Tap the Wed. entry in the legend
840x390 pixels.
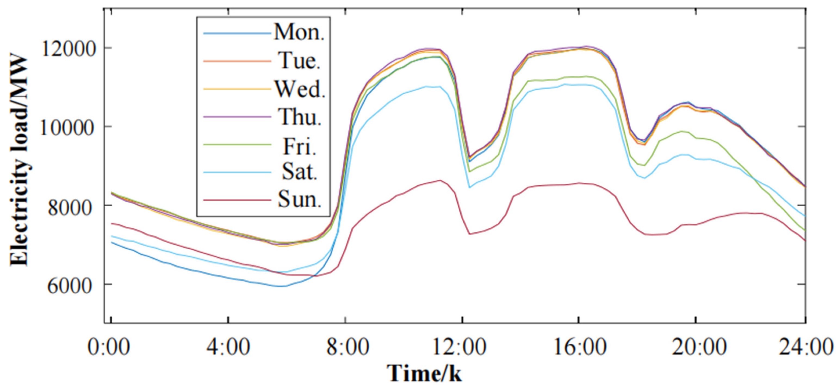coord(300,89)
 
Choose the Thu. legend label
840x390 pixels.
coord(300,117)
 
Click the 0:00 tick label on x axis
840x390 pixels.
coord(109,347)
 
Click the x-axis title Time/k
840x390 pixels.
coord(424,373)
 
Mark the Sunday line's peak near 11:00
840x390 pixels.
coord(440,180)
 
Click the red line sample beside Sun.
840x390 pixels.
coord(237,199)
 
